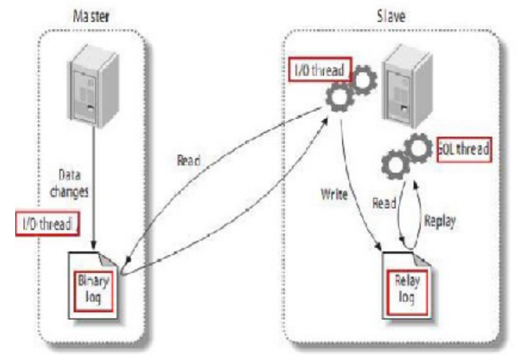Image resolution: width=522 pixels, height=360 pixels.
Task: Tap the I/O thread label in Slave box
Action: [x=318, y=68]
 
